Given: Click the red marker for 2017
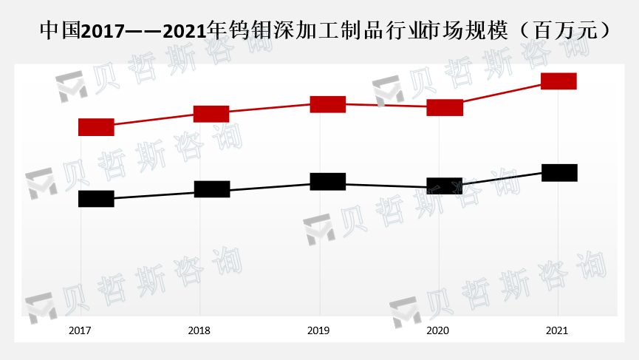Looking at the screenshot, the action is pyautogui.click(x=96, y=127).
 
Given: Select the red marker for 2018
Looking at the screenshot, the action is pyautogui.click(x=211, y=114).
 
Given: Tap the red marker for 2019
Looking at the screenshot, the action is pyautogui.click(x=328, y=104).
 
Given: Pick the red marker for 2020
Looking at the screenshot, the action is pyautogui.click(x=445, y=108).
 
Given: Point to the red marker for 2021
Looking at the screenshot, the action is pyautogui.click(x=558, y=81).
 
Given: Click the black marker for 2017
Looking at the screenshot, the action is pyautogui.click(x=96, y=199).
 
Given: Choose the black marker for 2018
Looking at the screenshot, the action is pyautogui.click(x=212, y=189).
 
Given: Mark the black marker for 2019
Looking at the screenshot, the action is pyautogui.click(x=328, y=181).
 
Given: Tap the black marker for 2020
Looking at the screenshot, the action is pyautogui.click(x=444, y=186).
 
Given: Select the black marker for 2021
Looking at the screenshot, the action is pyautogui.click(x=559, y=173).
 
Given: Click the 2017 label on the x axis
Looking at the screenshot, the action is pyautogui.click(x=80, y=330).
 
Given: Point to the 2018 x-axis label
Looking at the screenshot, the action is pyautogui.click(x=199, y=330).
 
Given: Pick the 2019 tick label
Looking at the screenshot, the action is pyautogui.click(x=318, y=330).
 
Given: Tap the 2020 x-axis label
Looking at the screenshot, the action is pyautogui.click(x=437, y=330).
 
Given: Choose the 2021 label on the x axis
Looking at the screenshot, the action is pyautogui.click(x=557, y=330).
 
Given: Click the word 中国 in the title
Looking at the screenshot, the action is pyautogui.click(x=61, y=30).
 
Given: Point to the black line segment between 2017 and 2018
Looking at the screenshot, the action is pyautogui.click(x=154, y=194).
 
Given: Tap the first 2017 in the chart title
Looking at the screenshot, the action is pyautogui.click(x=102, y=31).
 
